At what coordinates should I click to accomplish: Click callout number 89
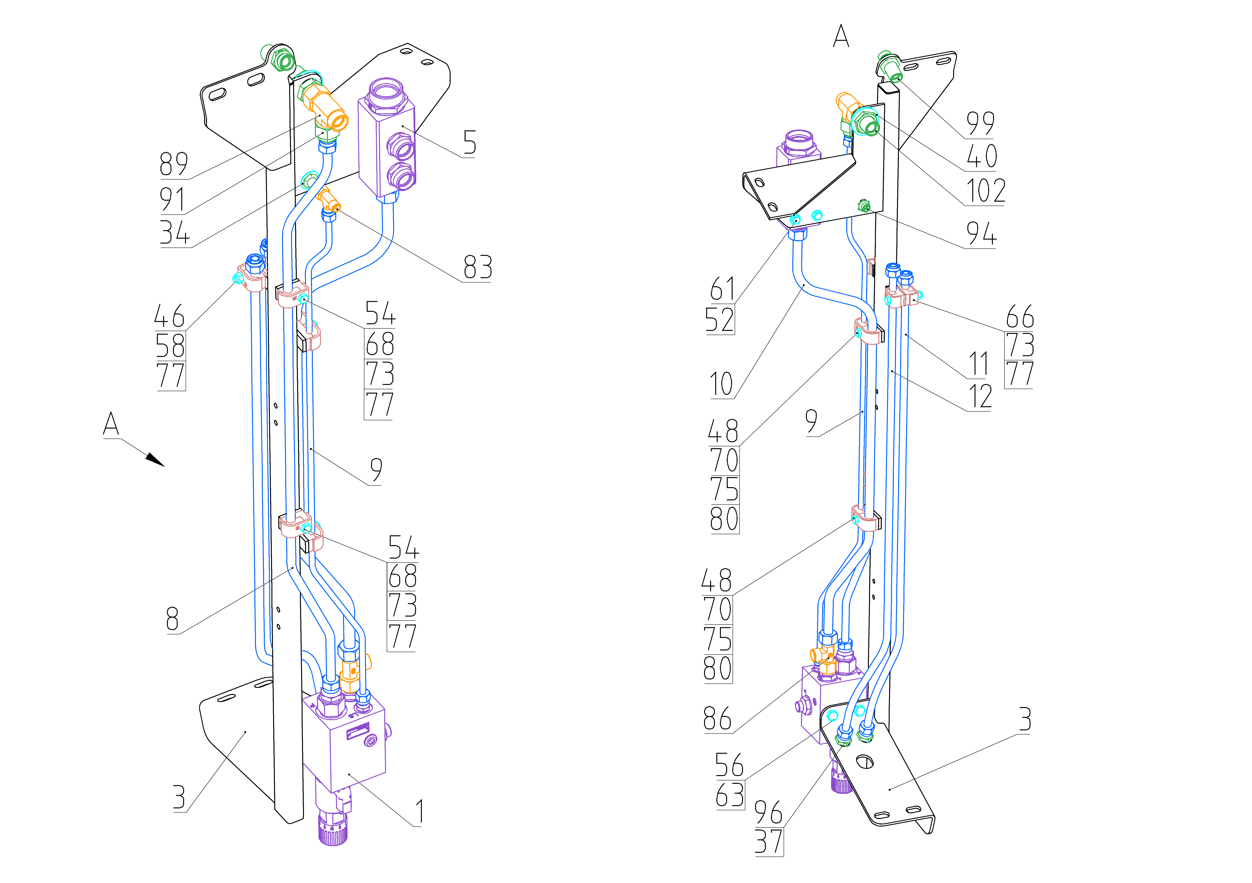[173, 164]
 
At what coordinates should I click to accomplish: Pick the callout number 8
[172, 620]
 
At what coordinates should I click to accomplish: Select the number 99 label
[980, 124]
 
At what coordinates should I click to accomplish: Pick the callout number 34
[174, 233]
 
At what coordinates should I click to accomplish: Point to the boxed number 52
[720, 320]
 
